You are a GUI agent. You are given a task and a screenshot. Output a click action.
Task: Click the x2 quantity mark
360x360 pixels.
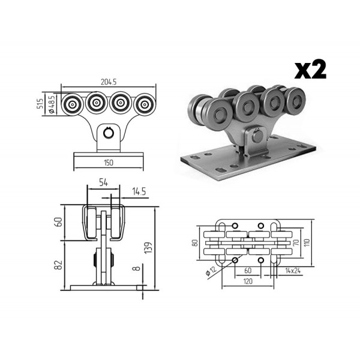[310, 69]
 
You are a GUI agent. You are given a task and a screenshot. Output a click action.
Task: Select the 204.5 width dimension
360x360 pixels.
[109, 82]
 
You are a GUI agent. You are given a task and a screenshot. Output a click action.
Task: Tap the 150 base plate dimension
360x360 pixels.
[109, 163]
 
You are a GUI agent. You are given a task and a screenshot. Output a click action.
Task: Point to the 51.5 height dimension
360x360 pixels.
[40, 103]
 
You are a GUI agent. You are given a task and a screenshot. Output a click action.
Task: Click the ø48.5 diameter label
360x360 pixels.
[52, 104]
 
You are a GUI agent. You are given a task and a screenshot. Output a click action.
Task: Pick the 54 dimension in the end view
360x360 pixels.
[104, 183]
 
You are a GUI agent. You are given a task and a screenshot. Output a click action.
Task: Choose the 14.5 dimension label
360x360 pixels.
[139, 191]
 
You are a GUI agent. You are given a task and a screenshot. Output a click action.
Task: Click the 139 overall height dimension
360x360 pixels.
[149, 247]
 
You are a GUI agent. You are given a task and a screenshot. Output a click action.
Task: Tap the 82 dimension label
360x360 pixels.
[59, 265]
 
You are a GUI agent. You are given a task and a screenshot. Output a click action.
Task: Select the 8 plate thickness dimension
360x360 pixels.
[137, 268]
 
